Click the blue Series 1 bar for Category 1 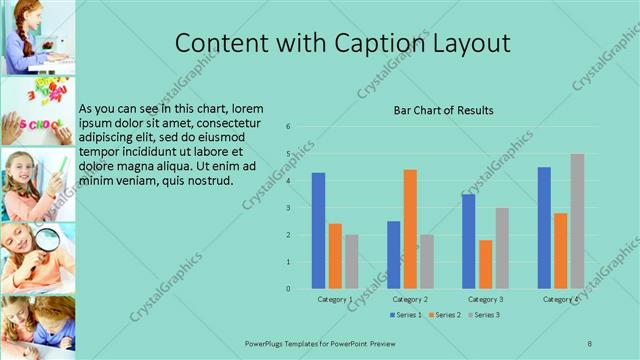(318, 231)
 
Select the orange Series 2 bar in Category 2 (410, 229)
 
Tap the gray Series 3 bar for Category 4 (577, 221)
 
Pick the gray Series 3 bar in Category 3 (502, 248)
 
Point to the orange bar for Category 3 (485, 264)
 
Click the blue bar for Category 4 (544, 228)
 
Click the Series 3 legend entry (485, 315)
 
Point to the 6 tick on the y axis (288, 127)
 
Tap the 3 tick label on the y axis (288, 208)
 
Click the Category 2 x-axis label (410, 299)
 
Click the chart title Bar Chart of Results (443, 110)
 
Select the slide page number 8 (589, 343)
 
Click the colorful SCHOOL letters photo (37, 111)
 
